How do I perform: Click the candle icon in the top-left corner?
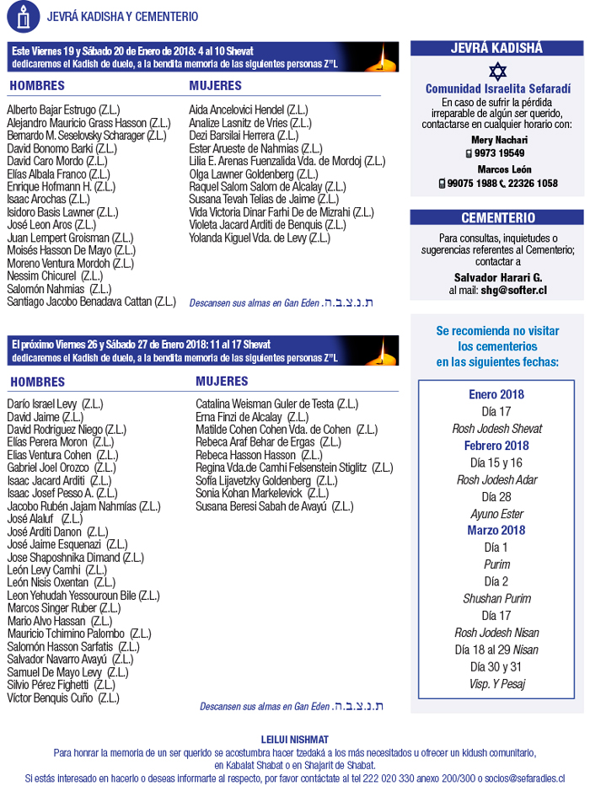coord(23,15)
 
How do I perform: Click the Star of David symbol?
coord(495,71)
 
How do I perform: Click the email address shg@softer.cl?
coord(514,291)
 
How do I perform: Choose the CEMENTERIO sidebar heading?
coord(497,218)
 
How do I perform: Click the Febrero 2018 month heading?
coord(496,446)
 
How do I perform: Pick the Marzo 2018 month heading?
coord(496,531)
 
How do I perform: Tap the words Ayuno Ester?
coord(496,514)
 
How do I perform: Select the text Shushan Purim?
coord(496,599)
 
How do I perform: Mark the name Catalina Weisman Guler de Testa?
coord(265,404)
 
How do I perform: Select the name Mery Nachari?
coord(498,140)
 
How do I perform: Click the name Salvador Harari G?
coord(498,277)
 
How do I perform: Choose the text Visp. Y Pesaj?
coord(496,684)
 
